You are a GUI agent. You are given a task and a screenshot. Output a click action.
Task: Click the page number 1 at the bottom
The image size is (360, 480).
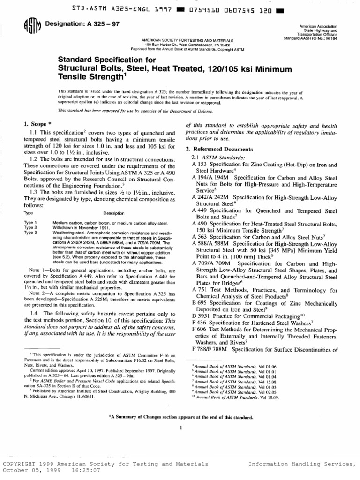tap(180, 427)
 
